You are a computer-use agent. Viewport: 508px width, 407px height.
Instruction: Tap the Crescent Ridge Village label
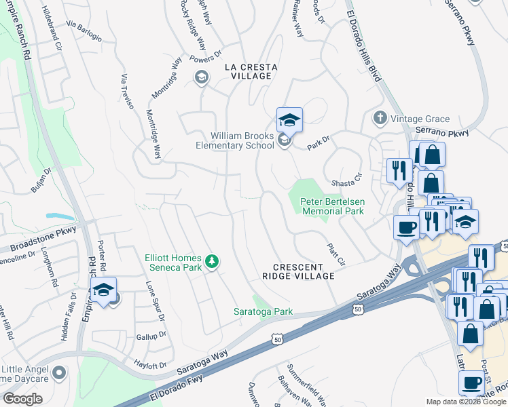(299, 271)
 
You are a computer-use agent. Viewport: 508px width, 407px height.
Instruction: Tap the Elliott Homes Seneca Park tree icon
(212, 261)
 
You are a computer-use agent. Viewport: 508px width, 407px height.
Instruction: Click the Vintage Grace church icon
(380, 119)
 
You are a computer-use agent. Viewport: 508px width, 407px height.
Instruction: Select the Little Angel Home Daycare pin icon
(59, 372)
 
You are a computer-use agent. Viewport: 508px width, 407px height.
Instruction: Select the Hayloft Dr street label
(150, 365)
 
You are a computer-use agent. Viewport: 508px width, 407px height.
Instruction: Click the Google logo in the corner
(22, 399)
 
